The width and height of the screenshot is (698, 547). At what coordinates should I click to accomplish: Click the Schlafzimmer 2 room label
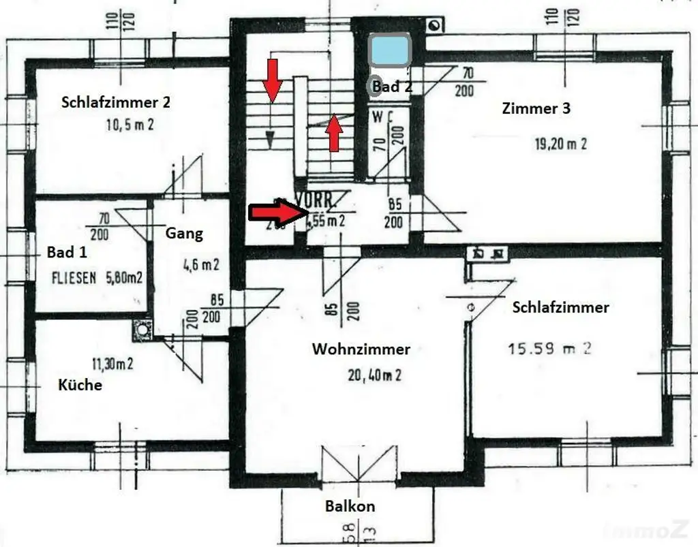[116, 103]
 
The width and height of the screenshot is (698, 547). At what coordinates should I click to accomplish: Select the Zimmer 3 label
[536, 108]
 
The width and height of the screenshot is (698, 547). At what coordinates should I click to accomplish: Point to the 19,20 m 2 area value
[559, 144]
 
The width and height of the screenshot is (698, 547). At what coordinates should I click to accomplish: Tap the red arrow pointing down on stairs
[273, 80]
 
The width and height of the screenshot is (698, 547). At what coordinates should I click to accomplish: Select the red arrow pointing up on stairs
[334, 134]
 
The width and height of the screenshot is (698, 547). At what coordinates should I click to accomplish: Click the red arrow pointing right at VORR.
[277, 213]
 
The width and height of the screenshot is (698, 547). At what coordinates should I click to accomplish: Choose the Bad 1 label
[67, 252]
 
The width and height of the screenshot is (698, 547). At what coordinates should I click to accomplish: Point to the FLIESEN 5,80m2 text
[97, 277]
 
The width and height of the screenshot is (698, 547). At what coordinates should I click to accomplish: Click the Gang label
[184, 234]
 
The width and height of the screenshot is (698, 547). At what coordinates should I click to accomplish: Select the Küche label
[80, 385]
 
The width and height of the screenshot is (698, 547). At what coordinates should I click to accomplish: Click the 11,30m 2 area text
[108, 364]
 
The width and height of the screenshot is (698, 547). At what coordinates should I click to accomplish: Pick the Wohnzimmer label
[361, 349]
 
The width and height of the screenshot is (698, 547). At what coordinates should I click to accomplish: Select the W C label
[382, 116]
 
